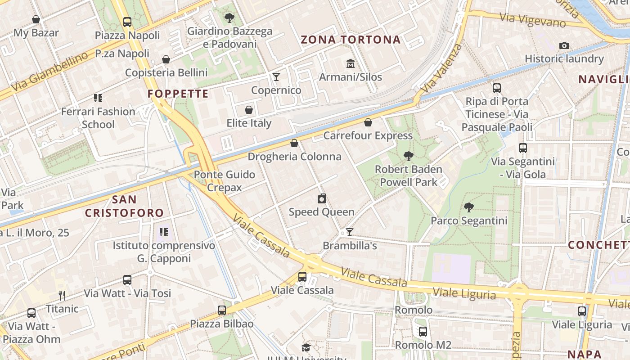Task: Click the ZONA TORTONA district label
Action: pyautogui.click(x=351, y=40)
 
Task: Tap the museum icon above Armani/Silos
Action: pyautogui.click(x=350, y=63)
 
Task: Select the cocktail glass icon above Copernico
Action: pyautogui.click(x=276, y=77)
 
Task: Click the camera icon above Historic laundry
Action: pyautogui.click(x=564, y=45)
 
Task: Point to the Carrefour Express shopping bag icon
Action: pyautogui.click(x=368, y=122)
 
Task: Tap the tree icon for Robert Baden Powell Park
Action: pyautogui.click(x=408, y=156)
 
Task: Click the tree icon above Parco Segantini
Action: pyautogui.click(x=468, y=207)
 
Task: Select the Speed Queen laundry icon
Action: pyautogui.click(x=322, y=198)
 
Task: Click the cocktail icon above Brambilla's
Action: pyautogui.click(x=349, y=232)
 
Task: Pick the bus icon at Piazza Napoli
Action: pyautogui.click(x=127, y=22)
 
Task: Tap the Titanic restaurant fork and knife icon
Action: pyautogui.click(x=62, y=296)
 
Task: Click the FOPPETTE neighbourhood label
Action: pyautogui.click(x=178, y=94)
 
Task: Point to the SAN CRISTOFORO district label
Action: pyautogui.click(x=124, y=206)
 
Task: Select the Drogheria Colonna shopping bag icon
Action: pyautogui.click(x=294, y=144)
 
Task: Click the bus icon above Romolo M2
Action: pyautogui.click(x=423, y=332)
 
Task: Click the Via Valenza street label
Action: pyautogui.click(x=443, y=67)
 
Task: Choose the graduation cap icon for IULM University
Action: pyautogui.click(x=306, y=347)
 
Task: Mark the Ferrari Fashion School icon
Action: pyautogui.click(x=98, y=98)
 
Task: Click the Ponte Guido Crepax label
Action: pyautogui.click(x=224, y=181)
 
